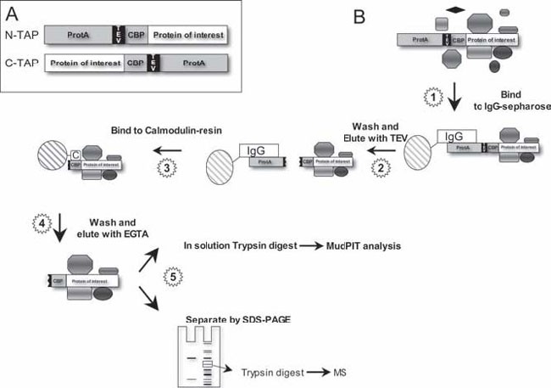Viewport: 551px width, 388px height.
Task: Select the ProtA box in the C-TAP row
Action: coord(194,64)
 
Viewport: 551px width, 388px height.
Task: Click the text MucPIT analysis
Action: coord(363,246)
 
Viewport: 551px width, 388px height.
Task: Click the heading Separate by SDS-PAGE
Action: coord(235,321)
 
